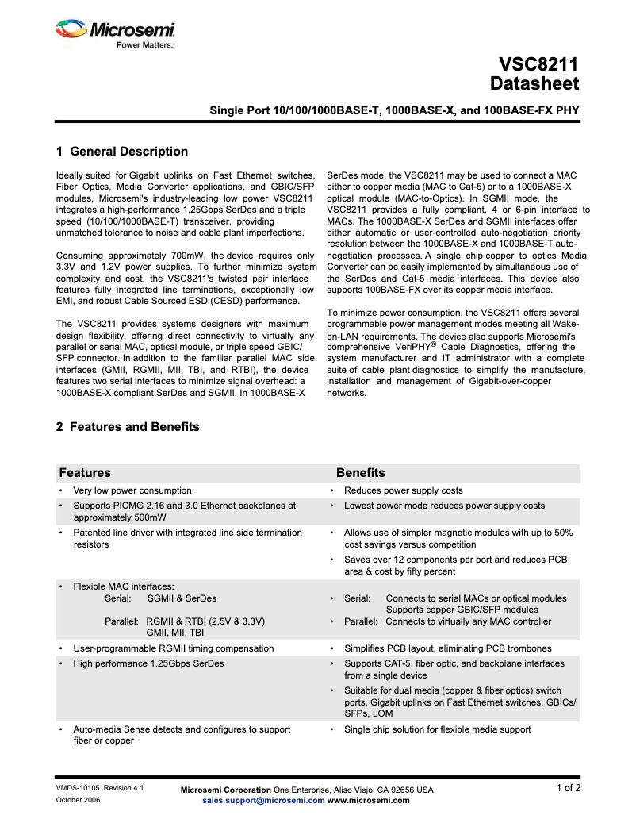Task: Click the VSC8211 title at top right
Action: pyautogui.click(x=538, y=64)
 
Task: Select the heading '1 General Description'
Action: pyautogui.click(x=122, y=152)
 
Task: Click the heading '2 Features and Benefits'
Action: pyautogui.click(x=128, y=427)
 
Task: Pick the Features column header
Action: pyautogui.click(x=85, y=473)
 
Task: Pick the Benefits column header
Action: pyautogui.click(x=360, y=473)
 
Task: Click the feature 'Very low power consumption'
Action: pyautogui.click(x=132, y=490)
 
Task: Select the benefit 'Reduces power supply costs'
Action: pyautogui.click(x=403, y=490)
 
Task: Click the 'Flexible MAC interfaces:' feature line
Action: pyautogui.click(x=123, y=586)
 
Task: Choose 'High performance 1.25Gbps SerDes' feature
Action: pyautogui.click(x=148, y=663)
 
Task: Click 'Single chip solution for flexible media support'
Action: pyautogui.click(x=437, y=729)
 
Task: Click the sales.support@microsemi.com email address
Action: pyautogui.click(x=263, y=801)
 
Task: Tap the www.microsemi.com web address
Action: pyautogui.click(x=368, y=801)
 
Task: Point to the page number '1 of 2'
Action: pyautogui.click(x=568, y=788)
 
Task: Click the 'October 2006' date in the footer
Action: pyautogui.click(x=78, y=800)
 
